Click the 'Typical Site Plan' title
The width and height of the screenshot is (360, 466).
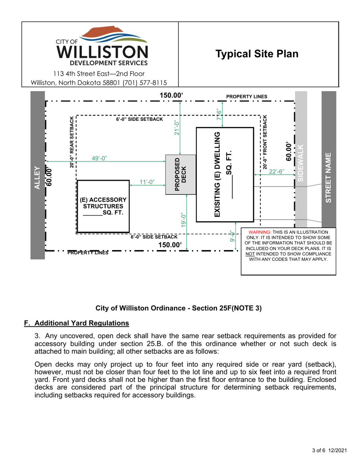pyautogui.click(x=257, y=54)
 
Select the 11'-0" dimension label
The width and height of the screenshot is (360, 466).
pyautogui.click(x=147, y=182)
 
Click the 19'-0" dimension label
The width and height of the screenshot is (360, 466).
pyautogui.click(x=184, y=220)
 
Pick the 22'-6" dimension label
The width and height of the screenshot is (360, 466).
pyautogui.click(x=276, y=172)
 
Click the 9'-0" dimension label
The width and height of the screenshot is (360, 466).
pyautogui.click(x=232, y=237)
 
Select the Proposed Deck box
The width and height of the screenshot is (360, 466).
pyautogui.click(x=181, y=175)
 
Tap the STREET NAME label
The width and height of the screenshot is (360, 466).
pyautogui.click(x=329, y=177)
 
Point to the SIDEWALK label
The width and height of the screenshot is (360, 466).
pyautogui.click(x=301, y=163)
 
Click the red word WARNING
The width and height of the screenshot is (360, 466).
pyautogui.click(x=259, y=232)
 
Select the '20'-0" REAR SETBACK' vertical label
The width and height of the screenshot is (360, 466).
pyautogui.click(x=72, y=142)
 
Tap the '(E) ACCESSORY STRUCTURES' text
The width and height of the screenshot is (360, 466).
pyautogui.click(x=103, y=203)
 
